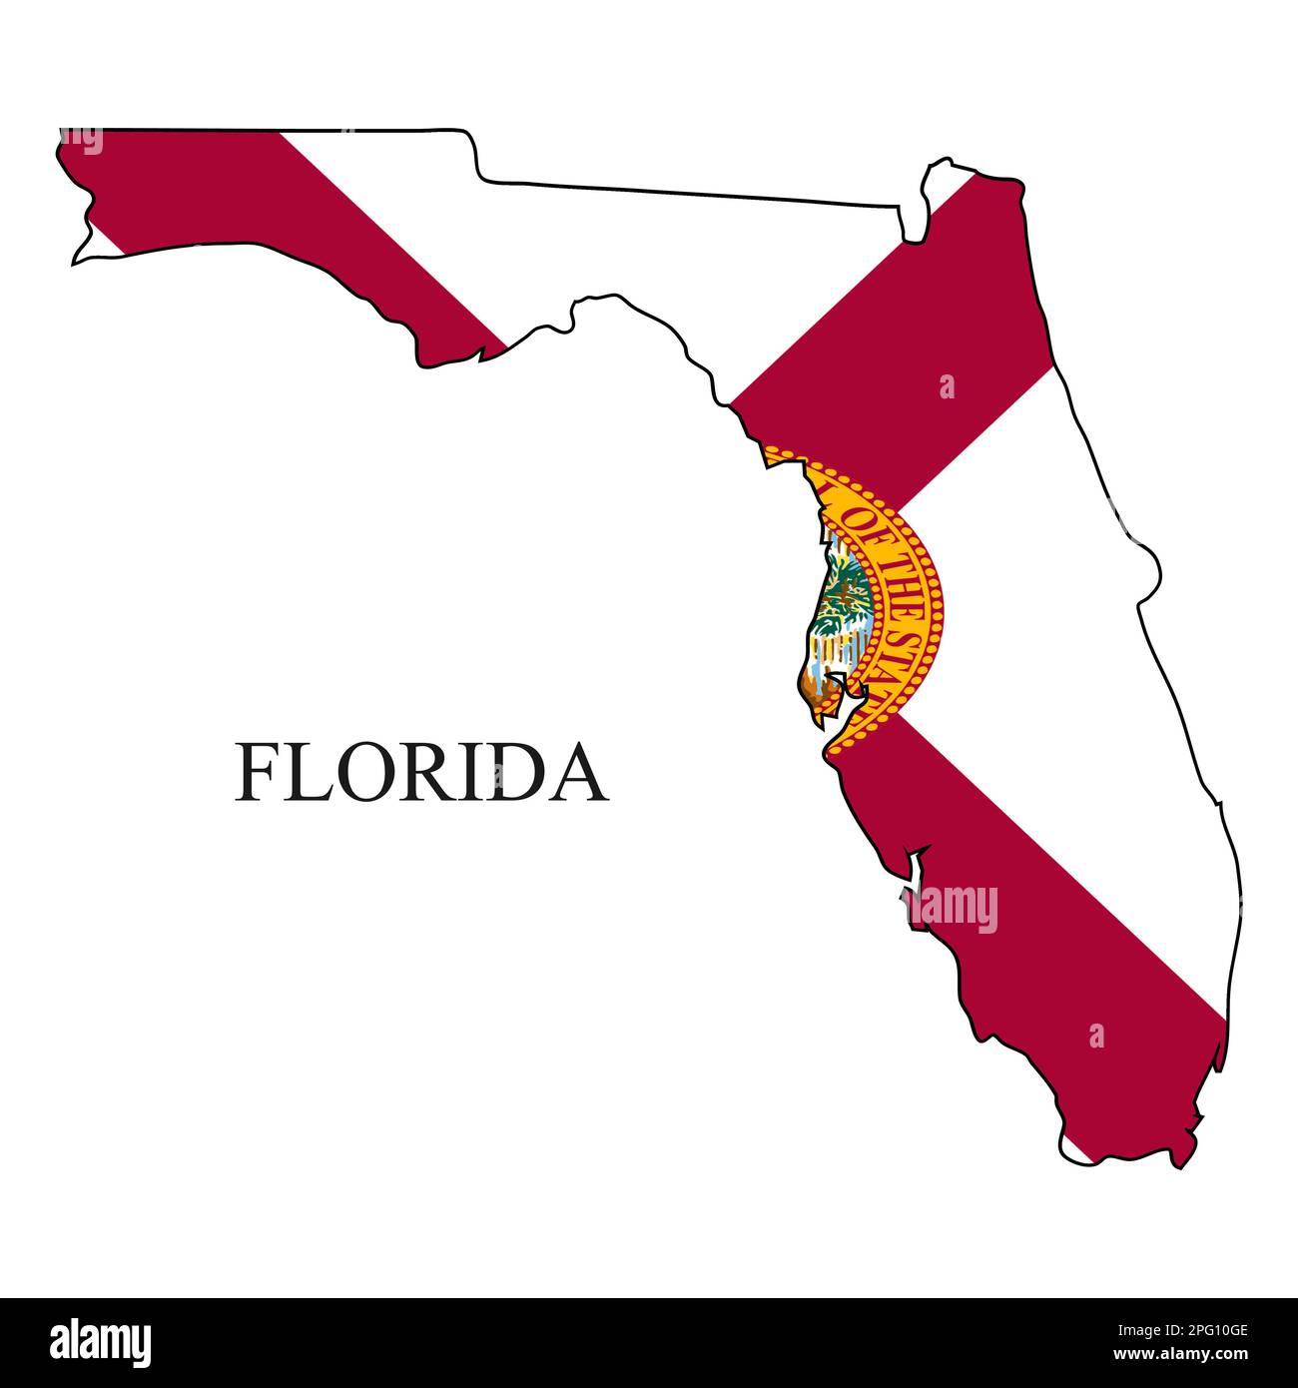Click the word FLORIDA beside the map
click(x=420, y=772)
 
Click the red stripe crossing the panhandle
click(x=300, y=220)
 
